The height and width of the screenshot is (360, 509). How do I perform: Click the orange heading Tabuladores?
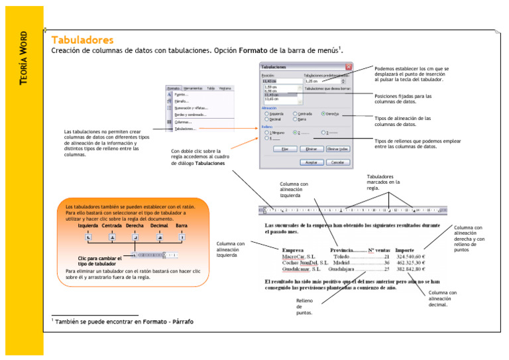point(82,40)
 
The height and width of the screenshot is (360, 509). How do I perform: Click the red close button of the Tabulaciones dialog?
point(349,67)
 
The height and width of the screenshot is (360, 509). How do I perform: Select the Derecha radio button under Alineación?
point(323,113)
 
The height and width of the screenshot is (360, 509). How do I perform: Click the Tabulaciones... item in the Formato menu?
point(186,129)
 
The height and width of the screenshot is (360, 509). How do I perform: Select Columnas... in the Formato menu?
point(184,122)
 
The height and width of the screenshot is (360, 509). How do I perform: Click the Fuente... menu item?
point(181,95)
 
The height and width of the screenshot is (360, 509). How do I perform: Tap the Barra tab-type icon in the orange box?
point(182,237)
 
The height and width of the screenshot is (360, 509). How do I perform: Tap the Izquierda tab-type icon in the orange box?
point(88,237)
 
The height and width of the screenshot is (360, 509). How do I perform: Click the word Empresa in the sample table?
point(294,249)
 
